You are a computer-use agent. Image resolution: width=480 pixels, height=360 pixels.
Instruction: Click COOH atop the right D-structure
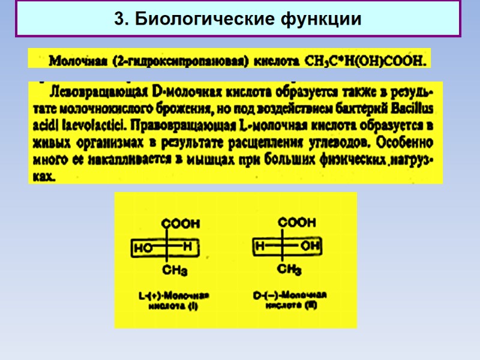click(296, 223)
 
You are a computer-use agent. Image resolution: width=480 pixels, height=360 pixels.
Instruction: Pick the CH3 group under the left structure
click(175, 271)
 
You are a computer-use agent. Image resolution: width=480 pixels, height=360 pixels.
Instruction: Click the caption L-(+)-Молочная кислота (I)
click(173, 301)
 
